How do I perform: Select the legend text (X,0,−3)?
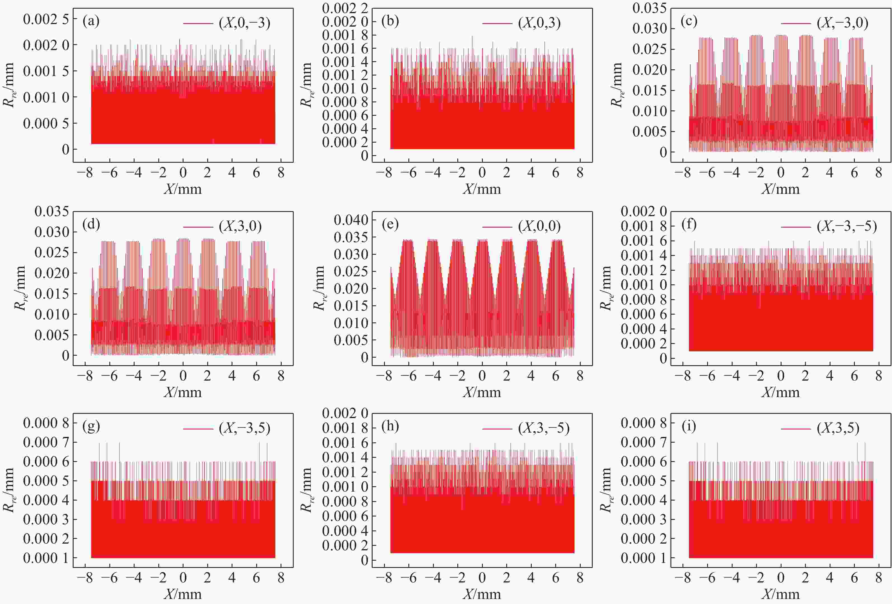point(244,23)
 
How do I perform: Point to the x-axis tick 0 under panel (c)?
point(781,173)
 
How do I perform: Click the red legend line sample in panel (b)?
point(497,23)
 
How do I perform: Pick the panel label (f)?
point(689,224)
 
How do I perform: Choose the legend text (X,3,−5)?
point(543,428)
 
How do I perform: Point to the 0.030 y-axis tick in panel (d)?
point(52,232)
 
